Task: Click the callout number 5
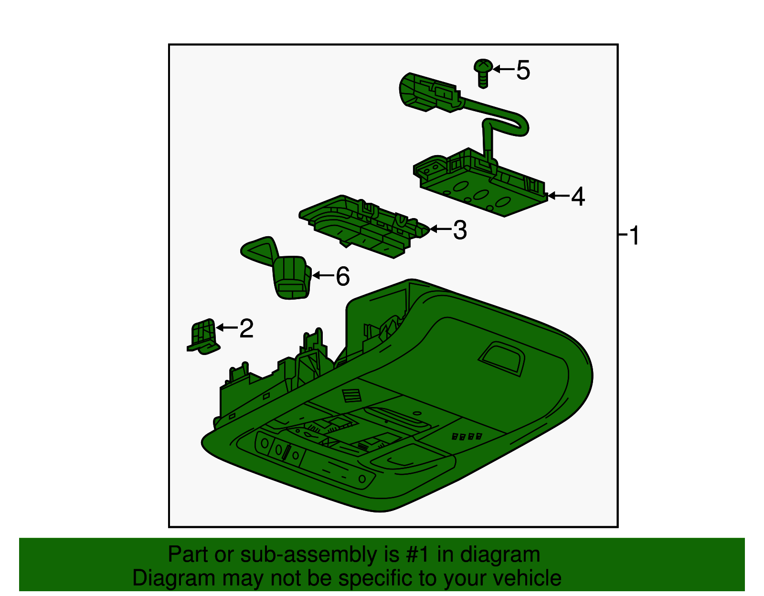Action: point(523,70)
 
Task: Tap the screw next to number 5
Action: point(483,72)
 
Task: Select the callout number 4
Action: point(578,196)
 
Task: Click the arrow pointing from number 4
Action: point(559,196)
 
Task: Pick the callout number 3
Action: point(459,230)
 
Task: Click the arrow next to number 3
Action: point(440,230)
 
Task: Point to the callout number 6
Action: point(343,276)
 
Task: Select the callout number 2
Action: point(246,328)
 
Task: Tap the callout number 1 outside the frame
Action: point(634,236)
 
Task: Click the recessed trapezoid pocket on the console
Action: point(501,358)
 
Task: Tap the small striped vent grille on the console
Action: point(352,396)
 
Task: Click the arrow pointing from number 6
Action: point(323,276)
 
